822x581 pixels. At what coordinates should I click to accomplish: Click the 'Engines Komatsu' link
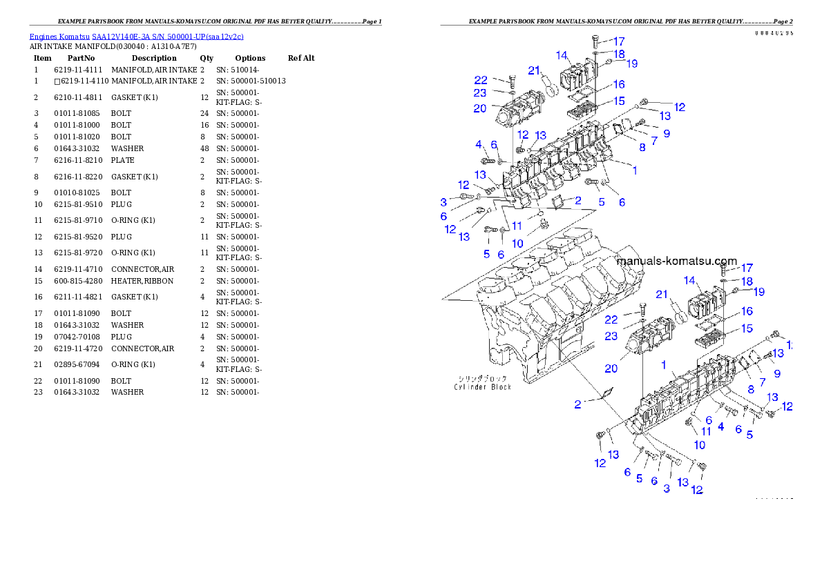[60, 36]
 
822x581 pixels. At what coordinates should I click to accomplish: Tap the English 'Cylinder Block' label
[483, 387]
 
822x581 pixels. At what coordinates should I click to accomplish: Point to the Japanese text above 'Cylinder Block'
[483, 378]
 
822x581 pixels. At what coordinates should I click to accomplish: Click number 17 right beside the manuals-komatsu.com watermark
[747, 268]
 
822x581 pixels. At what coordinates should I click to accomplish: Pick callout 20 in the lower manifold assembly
[611, 368]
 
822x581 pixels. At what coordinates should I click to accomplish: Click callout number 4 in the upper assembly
[477, 144]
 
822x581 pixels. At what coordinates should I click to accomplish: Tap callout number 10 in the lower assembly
[699, 445]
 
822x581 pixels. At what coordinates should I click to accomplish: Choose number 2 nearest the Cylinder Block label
[577, 404]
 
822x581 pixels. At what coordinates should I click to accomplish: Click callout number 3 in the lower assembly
[667, 489]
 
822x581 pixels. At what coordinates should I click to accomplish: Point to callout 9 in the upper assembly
[667, 133]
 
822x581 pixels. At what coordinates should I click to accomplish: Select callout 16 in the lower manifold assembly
[747, 313]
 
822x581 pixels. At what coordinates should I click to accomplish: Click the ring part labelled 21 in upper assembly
[551, 89]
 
